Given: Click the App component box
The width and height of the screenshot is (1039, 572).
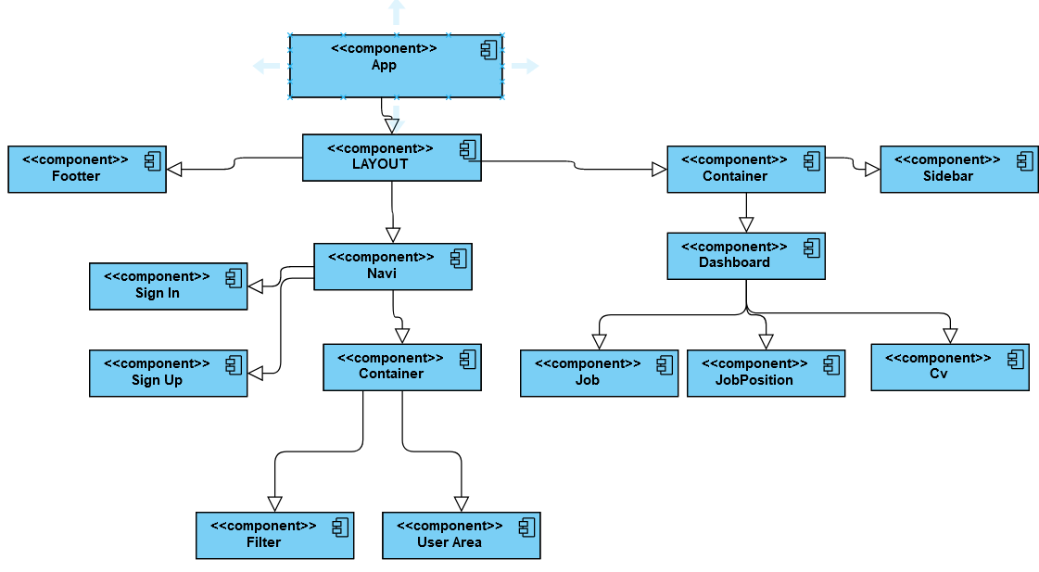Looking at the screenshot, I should coord(396,66).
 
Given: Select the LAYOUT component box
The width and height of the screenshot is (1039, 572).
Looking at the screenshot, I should coord(391,158).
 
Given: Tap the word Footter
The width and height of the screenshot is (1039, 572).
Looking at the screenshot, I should coord(76,176).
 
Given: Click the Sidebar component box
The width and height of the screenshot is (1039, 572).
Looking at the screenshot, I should coord(958,169).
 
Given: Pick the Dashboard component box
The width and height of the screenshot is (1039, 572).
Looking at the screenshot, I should coord(745,256).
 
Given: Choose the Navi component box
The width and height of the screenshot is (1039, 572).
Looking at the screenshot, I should coord(392,266).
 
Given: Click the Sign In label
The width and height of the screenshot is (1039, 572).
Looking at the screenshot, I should coord(157,293).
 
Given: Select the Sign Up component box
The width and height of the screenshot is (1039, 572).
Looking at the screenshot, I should coord(168,373).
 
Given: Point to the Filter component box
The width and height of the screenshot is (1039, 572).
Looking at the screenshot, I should coord(274,535).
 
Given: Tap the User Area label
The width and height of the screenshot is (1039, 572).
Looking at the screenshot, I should coord(449,542).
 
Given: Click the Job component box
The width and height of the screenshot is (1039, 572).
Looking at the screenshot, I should coord(599,373).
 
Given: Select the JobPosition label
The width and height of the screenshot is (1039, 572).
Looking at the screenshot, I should coord(754,380).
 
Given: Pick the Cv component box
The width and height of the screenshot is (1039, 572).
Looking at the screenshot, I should coord(949,366).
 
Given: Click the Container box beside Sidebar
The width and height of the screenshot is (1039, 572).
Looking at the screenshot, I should coord(745,169).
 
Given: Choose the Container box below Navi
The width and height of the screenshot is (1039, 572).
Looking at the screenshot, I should coord(401,366).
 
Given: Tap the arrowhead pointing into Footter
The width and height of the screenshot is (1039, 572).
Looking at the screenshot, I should coord(174,169).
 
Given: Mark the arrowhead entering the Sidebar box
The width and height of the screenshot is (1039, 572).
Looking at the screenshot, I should coord(871,170).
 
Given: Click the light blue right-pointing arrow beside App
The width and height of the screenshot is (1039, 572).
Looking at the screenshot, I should coord(525,66).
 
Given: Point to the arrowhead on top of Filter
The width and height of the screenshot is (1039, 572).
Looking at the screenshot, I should coord(274,503).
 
